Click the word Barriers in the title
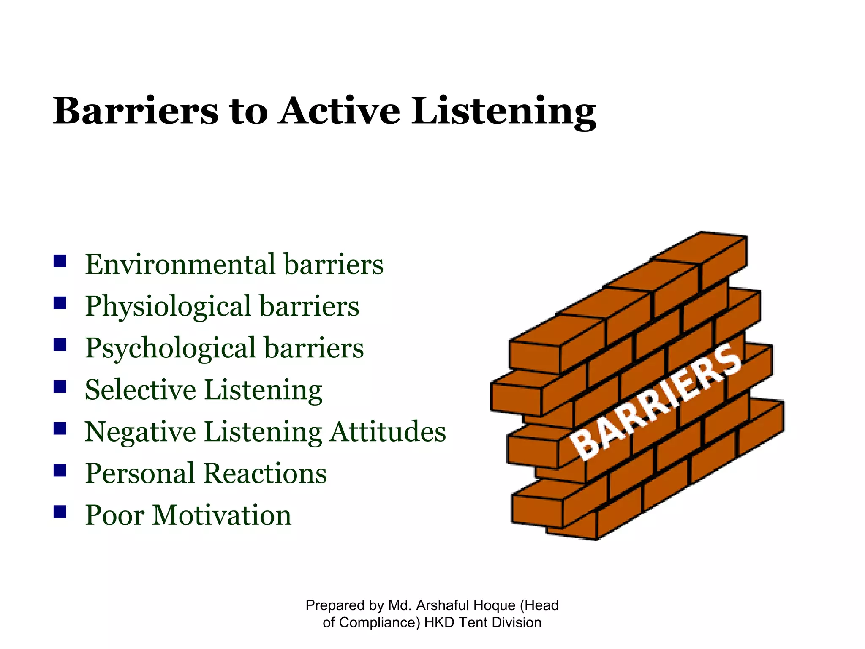(x=136, y=111)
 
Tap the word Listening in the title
(x=503, y=111)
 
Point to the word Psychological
(x=171, y=348)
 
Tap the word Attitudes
(x=387, y=431)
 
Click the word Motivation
(x=222, y=515)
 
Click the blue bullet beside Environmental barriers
(x=60, y=261)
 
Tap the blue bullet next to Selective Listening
(x=60, y=386)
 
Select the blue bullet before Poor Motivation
(x=60, y=512)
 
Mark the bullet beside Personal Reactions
(x=60, y=470)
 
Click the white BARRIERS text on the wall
(x=655, y=401)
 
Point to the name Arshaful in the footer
(x=444, y=605)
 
